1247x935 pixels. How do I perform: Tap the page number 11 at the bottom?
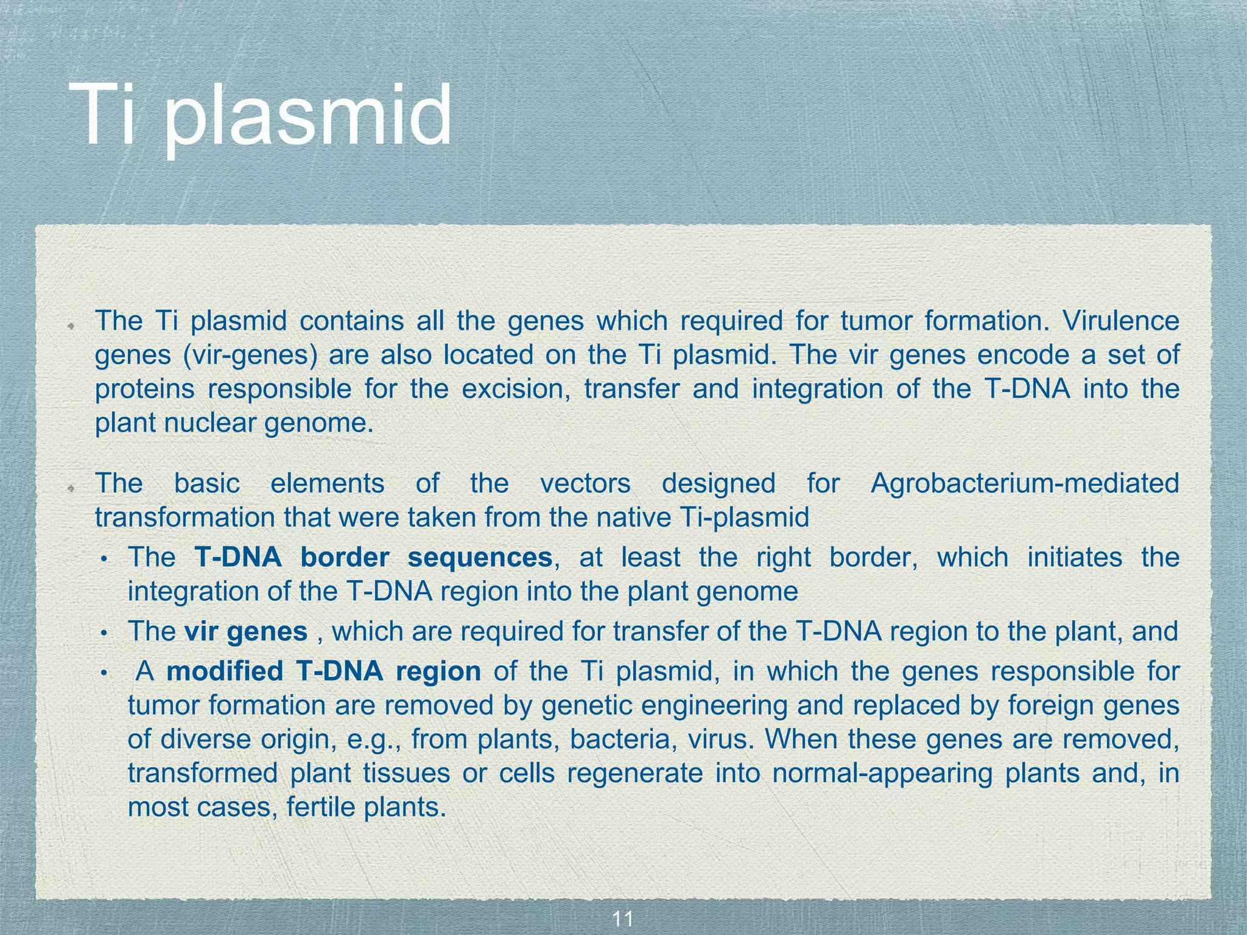[622, 919]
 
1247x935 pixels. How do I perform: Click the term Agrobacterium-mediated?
[1025, 483]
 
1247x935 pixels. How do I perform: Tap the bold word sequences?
[480, 557]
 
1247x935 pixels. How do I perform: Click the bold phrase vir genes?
[246, 631]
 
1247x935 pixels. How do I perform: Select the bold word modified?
[225, 671]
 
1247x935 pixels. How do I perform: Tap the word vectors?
[585, 483]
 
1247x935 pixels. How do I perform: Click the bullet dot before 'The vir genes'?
[104, 634]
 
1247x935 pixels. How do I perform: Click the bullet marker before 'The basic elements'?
[71, 488]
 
